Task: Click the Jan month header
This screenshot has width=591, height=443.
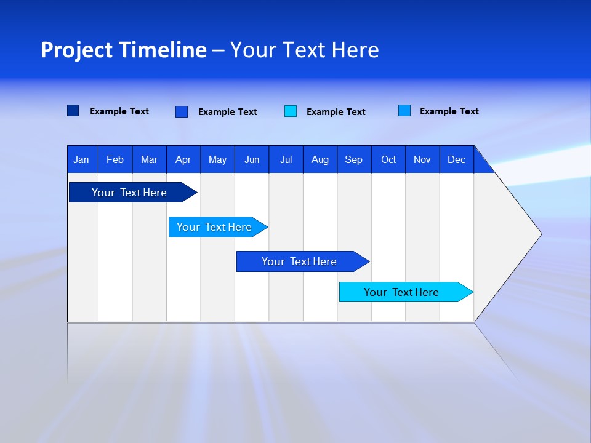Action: pos(82,159)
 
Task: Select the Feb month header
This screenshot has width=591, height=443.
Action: pos(115,159)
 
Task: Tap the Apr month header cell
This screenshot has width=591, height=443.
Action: pos(183,159)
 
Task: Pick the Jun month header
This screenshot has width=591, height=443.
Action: pos(252,159)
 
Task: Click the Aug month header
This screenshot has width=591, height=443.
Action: pos(320,159)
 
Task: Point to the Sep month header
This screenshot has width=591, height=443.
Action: pos(354,159)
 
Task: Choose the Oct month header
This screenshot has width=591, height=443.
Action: pos(388,159)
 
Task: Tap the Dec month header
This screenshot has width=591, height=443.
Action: pos(457,159)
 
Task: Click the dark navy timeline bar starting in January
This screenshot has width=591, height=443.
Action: pos(129,193)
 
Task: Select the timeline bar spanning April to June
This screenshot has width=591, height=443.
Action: pos(214,227)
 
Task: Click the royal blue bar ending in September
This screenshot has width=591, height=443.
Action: pos(299,261)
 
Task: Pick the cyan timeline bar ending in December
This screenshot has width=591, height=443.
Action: pos(401,292)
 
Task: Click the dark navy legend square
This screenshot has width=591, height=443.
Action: pos(73,111)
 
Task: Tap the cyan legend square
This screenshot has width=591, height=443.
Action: pos(291,111)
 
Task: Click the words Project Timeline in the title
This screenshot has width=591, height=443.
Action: pos(124,50)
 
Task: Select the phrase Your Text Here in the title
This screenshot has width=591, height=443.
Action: pos(305,50)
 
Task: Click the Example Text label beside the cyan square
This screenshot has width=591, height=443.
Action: pos(336,112)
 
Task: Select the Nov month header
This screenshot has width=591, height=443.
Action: pos(422,159)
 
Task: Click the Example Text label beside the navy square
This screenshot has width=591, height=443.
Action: pos(119,111)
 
